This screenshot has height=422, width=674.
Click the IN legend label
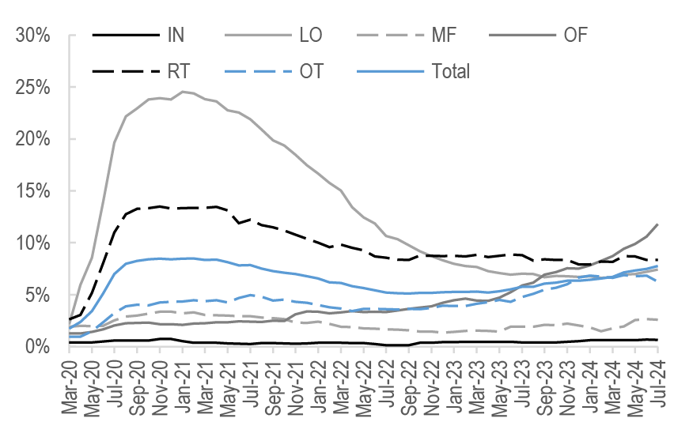177,35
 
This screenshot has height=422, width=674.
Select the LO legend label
311,35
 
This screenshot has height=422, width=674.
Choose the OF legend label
575,35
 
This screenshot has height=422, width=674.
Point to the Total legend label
451,71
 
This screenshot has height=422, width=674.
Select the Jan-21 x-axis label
182,387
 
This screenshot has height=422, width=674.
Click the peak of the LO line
183,92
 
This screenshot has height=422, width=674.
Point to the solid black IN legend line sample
123,35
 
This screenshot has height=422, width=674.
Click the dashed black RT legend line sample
123,71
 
